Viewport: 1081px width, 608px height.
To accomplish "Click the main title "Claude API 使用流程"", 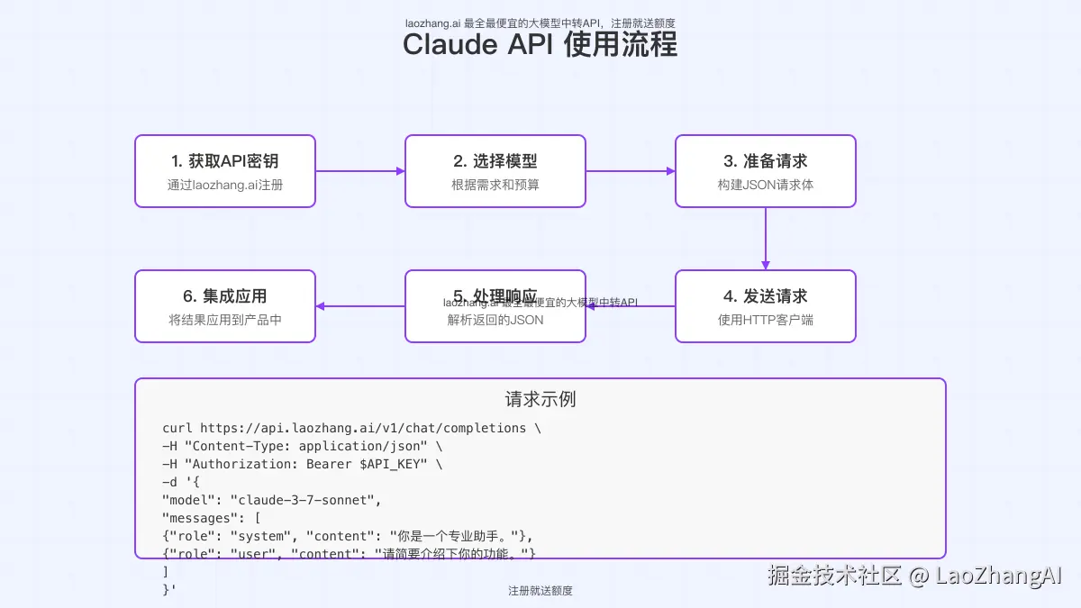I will pos(540,44).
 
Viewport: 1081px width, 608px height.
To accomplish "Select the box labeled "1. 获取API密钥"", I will pos(225,171).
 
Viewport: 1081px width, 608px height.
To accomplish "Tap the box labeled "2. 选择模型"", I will pos(495,171).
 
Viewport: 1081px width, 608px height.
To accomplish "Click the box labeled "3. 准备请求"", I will pos(766,171).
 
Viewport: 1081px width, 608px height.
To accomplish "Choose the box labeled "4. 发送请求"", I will pos(766,306).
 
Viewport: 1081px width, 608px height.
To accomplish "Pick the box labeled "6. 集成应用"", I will pos(225,306).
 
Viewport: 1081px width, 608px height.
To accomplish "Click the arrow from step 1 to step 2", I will pos(360,171).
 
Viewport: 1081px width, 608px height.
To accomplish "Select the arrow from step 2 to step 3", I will pos(631,171).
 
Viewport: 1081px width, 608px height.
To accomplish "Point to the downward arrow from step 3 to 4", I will pos(766,239).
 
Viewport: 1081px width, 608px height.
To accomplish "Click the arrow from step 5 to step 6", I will pos(360,306).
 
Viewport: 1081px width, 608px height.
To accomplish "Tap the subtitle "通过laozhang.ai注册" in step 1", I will pos(225,186).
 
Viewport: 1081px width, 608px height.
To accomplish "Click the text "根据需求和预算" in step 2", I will pos(495,186).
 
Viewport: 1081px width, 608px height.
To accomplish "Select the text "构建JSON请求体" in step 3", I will pos(766,186).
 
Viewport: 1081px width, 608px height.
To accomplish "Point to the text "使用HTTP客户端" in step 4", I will pos(766,320).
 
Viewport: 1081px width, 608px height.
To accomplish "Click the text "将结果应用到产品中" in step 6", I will pos(225,320).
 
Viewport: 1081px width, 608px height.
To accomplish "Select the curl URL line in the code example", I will pos(351,428).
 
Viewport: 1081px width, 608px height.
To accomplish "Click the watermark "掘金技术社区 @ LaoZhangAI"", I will pos(915,576).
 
